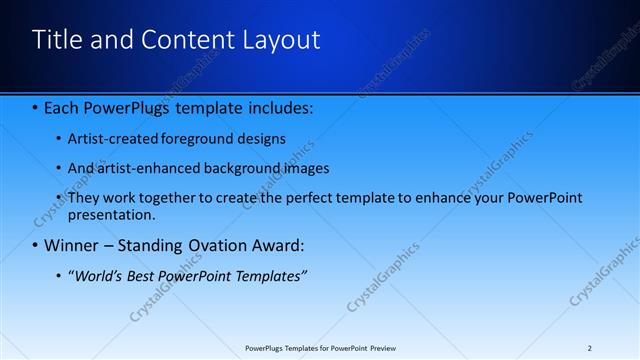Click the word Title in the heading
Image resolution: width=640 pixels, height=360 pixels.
tap(57, 40)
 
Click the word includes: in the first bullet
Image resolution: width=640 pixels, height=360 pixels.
tap(280, 105)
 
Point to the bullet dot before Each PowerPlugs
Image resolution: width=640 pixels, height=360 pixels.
tap(36, 106)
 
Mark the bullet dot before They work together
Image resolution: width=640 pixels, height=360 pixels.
tap(60, 198)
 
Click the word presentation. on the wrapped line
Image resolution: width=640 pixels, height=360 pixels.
tap(112, 215)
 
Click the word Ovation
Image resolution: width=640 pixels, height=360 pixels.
tap(206, 245)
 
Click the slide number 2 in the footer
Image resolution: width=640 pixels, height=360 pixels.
tap(589, 348)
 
